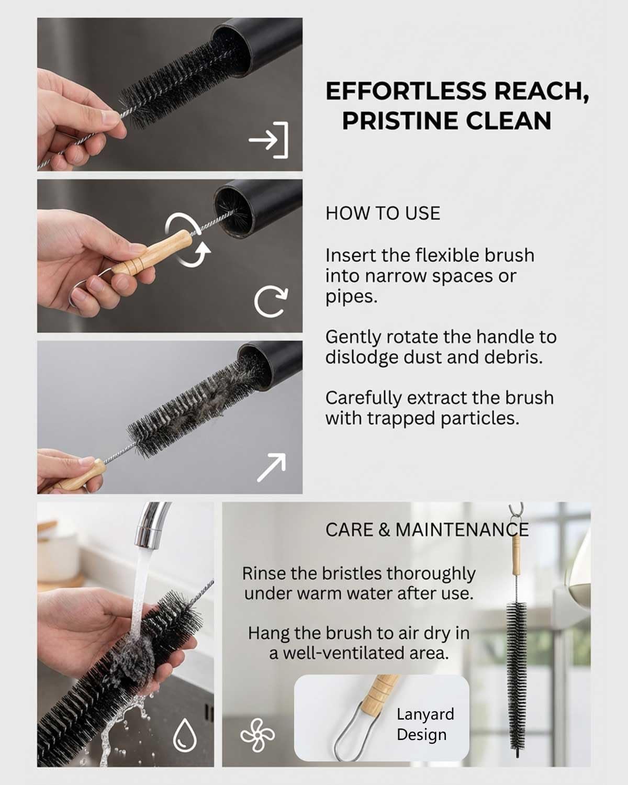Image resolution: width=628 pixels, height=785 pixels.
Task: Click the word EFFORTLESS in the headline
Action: point(406,91)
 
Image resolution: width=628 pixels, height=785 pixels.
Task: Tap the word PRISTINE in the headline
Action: point(400,121)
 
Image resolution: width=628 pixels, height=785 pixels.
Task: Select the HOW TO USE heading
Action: point(383,214)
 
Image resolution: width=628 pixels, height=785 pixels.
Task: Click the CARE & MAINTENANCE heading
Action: point(427,530)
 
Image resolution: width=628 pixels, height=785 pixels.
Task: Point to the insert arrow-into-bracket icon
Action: point(269,140)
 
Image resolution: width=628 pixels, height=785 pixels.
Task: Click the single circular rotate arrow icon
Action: point(271,301)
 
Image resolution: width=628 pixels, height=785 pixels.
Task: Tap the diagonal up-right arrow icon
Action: point(271,468)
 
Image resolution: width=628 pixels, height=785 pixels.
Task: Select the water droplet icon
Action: point(185,735)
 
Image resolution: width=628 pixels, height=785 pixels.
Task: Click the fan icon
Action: point(257,735)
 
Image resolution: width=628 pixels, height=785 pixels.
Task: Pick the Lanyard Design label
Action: point(425,725)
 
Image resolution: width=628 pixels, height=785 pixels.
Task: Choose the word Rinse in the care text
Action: point(263,574)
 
